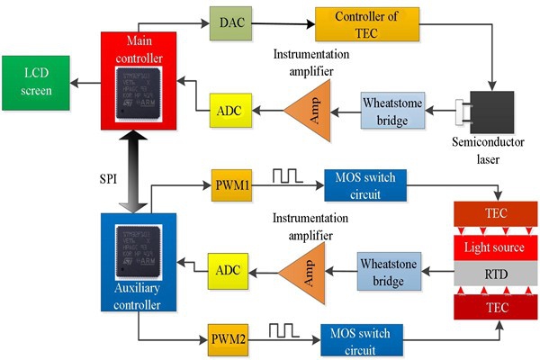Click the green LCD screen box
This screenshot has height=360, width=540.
tap(37, 82)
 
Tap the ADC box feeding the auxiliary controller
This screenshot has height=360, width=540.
tap(226, 267)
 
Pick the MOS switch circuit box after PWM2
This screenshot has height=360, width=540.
tap(362, 341)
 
